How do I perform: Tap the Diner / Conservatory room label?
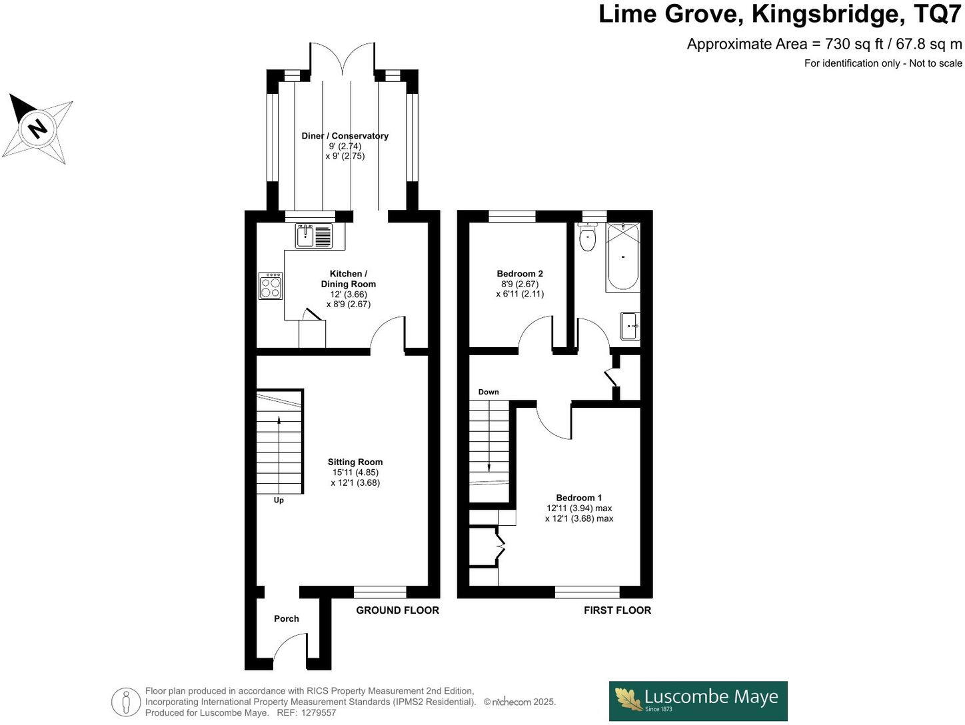(345, 136)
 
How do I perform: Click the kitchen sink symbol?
(314, 236)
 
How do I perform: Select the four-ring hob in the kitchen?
(271, 286)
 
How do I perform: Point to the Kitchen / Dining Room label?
(348, 279)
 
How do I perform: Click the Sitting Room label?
(355, 462)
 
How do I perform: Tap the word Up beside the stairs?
(279, 500)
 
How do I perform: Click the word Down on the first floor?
(488, 392)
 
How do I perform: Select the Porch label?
(287, 618)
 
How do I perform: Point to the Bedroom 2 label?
(520, 273)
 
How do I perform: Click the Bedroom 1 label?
(579, 498)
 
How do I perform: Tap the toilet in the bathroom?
(587, 238)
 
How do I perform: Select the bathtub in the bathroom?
(622, 257)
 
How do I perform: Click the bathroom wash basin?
(630, 326)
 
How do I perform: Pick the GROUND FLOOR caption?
(397, 610)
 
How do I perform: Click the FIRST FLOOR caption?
(617, 610)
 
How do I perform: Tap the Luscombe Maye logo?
(698, 700)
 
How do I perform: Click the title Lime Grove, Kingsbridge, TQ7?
(780, 14)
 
